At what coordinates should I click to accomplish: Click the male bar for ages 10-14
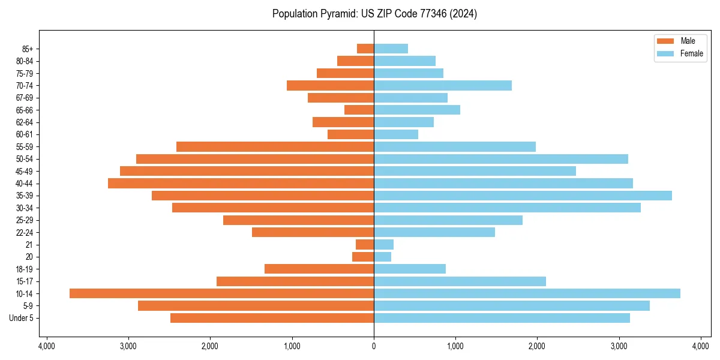[221, 293]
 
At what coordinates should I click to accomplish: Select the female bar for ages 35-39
[523, 196]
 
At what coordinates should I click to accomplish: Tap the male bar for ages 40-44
[241, 183]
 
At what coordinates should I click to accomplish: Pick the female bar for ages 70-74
[443, 85]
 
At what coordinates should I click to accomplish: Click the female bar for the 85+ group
[391, 49]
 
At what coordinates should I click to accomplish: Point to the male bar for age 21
[365, 244]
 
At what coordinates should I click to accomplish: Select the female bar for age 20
[382, 257]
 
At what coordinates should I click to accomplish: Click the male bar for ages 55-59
[275, 146]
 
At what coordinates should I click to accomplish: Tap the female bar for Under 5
[502, 318]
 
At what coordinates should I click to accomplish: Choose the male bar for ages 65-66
[359, 110]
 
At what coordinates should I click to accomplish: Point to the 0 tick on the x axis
[374, 347]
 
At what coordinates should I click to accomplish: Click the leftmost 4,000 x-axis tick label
[46, 347]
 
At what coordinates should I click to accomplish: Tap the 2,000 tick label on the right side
[537, 347]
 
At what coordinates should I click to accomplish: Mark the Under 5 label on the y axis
[21, 318]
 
